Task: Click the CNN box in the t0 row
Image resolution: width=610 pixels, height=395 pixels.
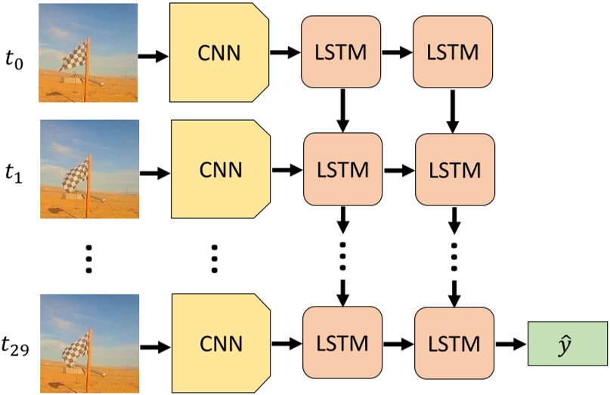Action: click(x=220, y=53)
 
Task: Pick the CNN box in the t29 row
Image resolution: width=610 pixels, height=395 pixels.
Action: click(x=220, y=344)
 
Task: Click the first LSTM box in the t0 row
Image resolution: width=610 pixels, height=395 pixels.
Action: click(x=342, y=53)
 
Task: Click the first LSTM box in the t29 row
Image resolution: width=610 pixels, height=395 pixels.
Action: click(x=342, y=344)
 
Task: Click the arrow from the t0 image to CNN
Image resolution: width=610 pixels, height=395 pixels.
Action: click(x=155, y=56)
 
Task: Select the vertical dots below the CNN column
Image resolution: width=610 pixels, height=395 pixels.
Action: click(x=214, y=258)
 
